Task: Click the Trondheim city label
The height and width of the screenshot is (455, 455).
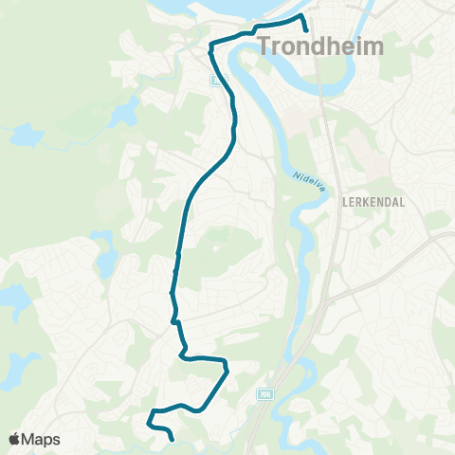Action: pos(320,45)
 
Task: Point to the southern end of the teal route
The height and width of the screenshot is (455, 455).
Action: pos(172,440)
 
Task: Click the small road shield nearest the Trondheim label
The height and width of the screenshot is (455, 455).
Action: pos(216,82)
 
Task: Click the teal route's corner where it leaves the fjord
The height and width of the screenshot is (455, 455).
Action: pos(209,44)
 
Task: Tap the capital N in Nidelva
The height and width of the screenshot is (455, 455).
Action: pos(296,173)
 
